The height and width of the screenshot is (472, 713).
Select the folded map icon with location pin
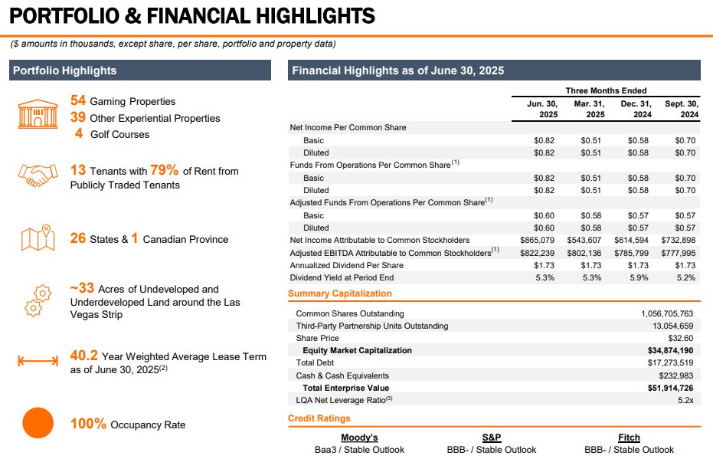point(37,238)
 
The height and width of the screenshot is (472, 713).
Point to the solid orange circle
point(37,423)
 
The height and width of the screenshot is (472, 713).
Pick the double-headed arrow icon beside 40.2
point(38,361)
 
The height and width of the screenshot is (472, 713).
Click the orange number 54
point(78,100)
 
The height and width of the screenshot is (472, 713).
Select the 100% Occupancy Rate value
point(88,424)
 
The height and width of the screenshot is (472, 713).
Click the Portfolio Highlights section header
point(65,70)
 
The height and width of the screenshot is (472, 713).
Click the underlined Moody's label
point(359,438)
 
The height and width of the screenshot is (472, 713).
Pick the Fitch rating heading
point(629,438)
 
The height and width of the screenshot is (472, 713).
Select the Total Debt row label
point(316,363)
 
